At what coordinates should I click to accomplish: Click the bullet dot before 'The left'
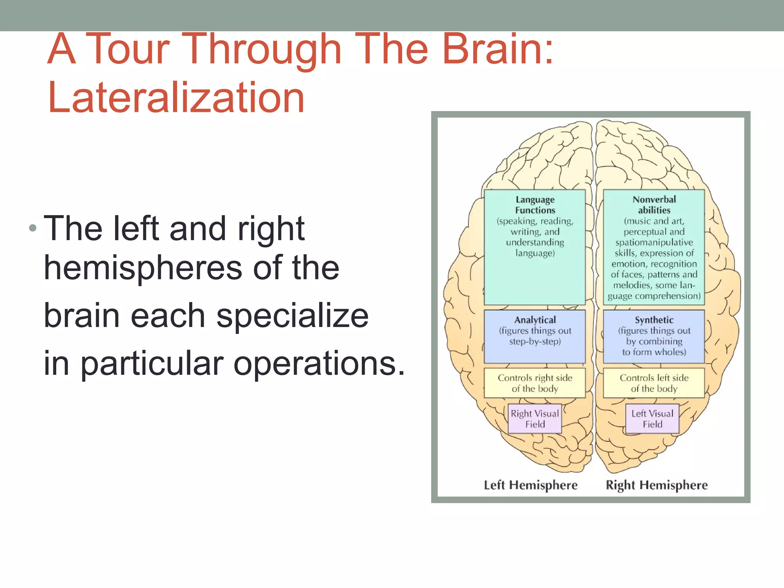coord(33,229)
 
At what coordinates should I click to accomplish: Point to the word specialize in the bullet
coord(292,316)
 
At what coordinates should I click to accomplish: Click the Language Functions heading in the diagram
coord(535,205)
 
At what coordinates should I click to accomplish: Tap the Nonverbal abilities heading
coord(654,205)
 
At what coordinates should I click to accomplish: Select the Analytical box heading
coord(535,320)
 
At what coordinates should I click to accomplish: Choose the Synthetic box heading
coord(654,320)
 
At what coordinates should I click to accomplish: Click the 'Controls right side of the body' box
coord(535,383)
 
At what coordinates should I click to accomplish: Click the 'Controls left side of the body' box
coord(654,383)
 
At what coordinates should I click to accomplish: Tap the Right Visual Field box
coord(535,419)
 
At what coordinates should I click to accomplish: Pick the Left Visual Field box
coord(652,419)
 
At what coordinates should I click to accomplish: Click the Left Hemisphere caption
coord(531,485)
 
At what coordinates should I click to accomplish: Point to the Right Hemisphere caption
coord(657,485)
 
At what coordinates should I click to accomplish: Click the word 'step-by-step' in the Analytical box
coord(535,341)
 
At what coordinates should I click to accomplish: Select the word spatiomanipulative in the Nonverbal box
coord(654,243)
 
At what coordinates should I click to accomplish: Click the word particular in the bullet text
coord(152,364)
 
